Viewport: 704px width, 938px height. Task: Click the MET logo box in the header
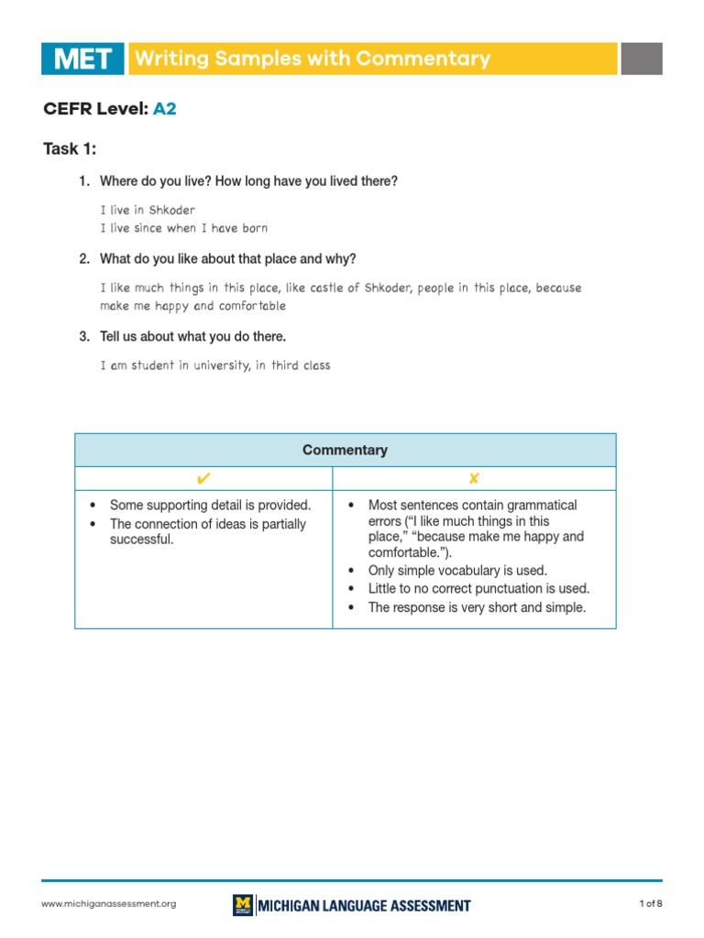(x=82, y=59)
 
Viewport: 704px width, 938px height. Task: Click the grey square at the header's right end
(x=641, y=59)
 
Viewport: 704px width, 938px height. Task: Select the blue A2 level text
(x=164, y=109)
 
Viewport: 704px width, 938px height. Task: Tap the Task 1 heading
(x=70, y=148)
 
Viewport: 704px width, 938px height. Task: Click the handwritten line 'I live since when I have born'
(x=183, y=228)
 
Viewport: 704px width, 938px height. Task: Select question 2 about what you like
(x=227, y=259)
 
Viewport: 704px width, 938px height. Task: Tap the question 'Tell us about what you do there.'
(x=192, y=336)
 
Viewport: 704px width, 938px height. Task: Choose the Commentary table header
(x=345, y=450)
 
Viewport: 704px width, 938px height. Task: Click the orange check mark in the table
(x=203, y=478)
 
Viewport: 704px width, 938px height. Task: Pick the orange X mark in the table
(x=474, y=478)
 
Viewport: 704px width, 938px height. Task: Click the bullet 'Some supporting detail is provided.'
(x=210, y=505)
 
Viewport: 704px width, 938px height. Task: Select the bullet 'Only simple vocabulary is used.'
(x=456, y=570)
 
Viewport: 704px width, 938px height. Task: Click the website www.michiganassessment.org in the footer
(x=108, y=904)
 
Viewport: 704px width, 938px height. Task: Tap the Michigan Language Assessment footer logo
(x=352, y=905)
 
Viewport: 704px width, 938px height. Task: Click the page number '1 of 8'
(x=650, y=904)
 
